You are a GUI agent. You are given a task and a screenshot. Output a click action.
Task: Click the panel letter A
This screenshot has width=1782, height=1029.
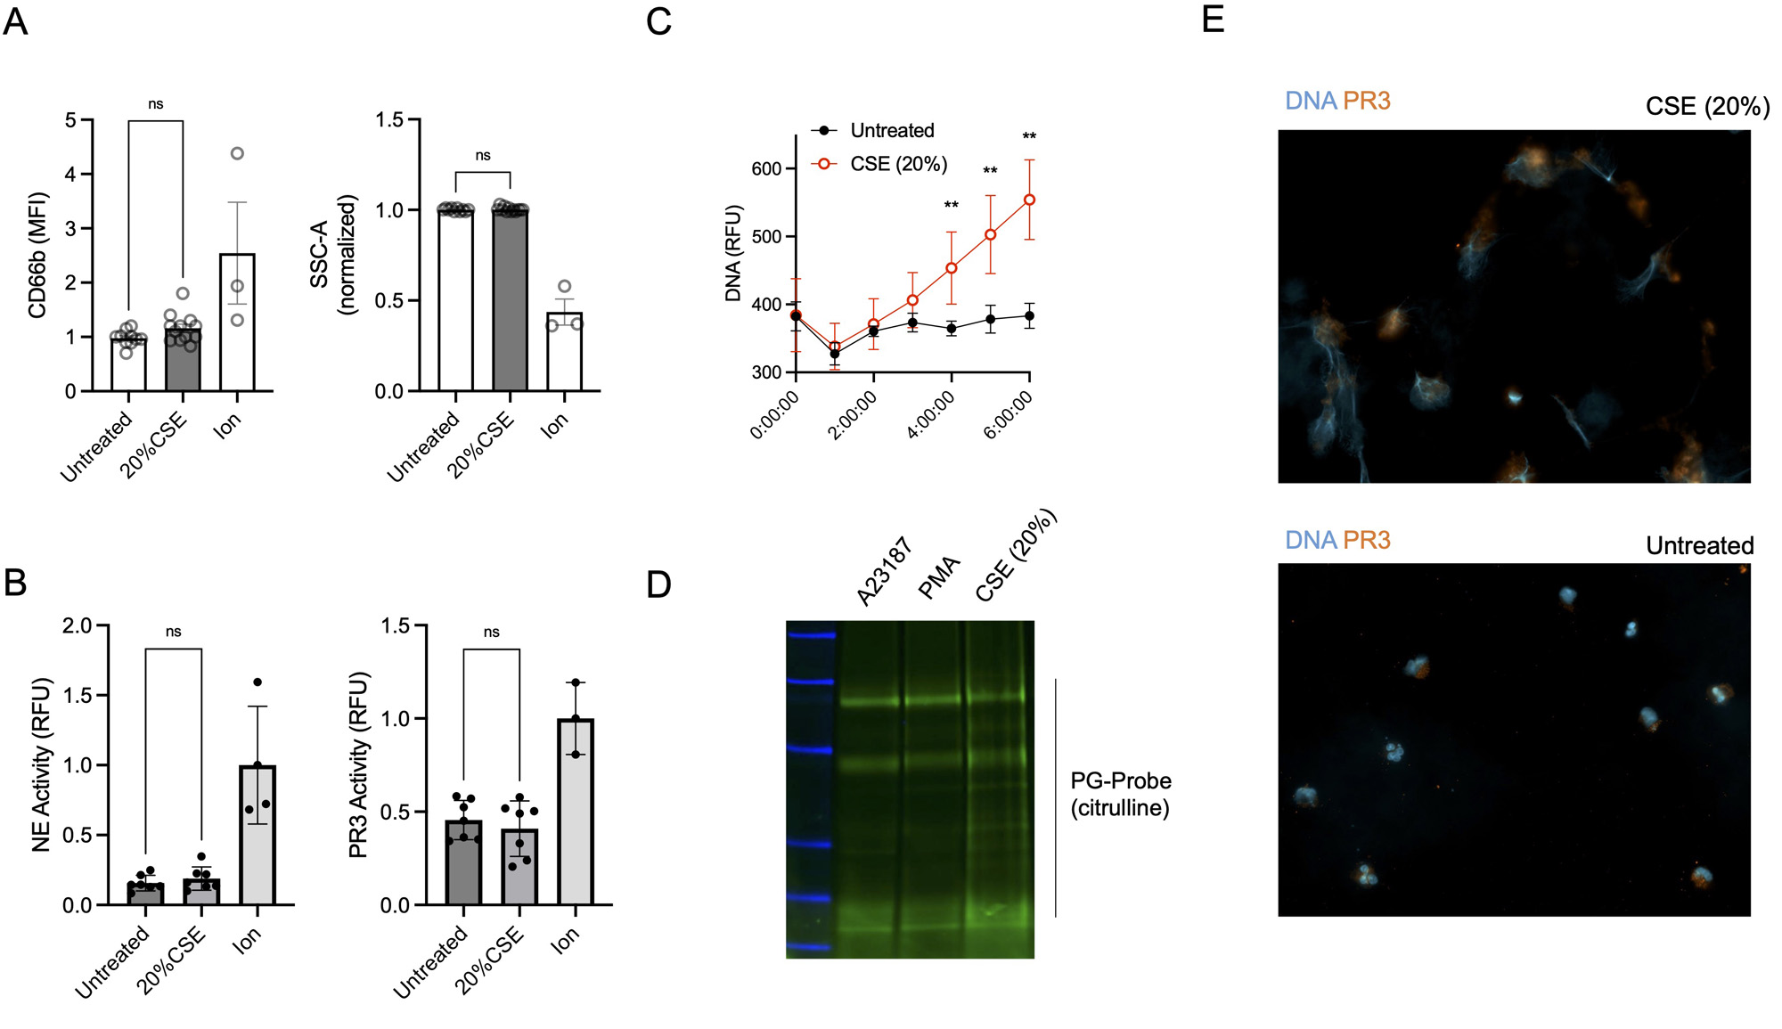click(15, 21)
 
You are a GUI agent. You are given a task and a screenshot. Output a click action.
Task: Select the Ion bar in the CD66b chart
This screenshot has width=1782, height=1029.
click(237, 323)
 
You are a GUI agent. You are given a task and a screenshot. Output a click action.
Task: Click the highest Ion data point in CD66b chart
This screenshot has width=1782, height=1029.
click(237, 153)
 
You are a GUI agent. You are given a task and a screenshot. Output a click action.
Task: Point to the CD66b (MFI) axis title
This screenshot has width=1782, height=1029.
click(37, 255)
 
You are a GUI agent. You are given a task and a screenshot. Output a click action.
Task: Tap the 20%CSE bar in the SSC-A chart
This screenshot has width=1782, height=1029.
click(510, 300)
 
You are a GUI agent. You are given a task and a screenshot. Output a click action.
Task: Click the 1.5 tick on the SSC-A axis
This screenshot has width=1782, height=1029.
click(390, 120)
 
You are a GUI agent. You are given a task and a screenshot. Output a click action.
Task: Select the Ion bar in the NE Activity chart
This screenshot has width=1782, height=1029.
click(257, 835)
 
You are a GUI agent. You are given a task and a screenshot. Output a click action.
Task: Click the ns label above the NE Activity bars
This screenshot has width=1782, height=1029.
click(173, 632)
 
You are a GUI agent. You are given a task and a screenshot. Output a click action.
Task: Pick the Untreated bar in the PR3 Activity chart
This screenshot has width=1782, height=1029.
click(463, 862)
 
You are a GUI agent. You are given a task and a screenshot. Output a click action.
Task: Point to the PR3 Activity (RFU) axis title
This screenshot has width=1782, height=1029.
click(358, 764)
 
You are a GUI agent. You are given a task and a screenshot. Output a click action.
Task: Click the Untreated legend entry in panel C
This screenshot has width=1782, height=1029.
click(891, 131)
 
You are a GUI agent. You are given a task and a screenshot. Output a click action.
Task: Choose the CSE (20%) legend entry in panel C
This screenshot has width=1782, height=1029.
click(897, 164)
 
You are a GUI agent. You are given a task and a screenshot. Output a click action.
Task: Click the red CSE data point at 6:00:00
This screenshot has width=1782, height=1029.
click(1029, 200)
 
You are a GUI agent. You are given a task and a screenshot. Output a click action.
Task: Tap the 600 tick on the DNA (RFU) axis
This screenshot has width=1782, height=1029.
click(765, 169)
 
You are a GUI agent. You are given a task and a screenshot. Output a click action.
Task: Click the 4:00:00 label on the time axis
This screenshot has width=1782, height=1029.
click(932, 415)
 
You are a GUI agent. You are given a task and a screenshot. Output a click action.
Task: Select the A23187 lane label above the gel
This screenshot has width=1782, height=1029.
click(885, 571)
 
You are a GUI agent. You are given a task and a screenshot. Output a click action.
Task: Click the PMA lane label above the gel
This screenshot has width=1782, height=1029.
click(939, 577)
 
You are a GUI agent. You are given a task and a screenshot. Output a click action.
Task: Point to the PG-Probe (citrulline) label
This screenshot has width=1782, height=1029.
click(1120, 794)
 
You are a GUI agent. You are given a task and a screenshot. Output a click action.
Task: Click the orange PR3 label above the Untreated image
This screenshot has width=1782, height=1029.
click(1366, 540)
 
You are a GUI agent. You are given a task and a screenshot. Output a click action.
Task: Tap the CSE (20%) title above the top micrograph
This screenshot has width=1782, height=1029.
click(1706, 107)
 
